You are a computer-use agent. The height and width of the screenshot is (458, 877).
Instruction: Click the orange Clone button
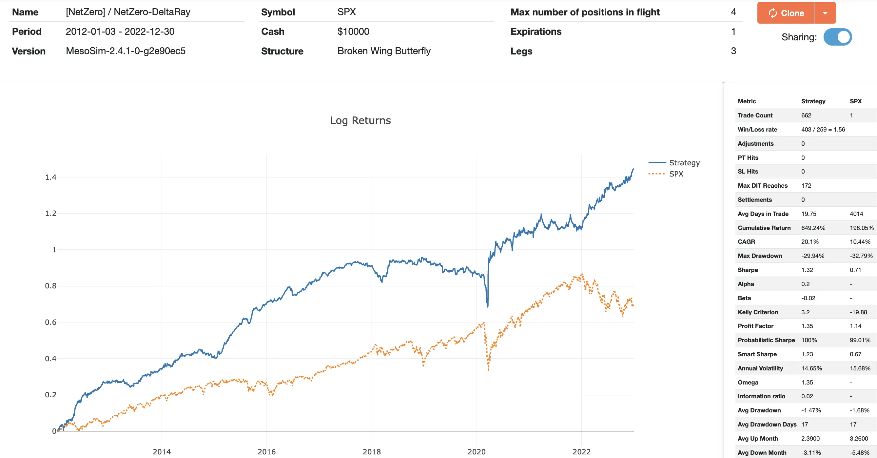[x=785, y=13]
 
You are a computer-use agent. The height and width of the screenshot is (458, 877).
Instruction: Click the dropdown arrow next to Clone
[x=825, y=13]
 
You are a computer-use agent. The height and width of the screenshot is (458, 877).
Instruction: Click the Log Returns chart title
[x=360, y=120]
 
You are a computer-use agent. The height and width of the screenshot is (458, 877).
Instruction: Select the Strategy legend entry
[x=684, y=162]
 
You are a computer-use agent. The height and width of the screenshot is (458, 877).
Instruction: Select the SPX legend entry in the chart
[x=676, y=174]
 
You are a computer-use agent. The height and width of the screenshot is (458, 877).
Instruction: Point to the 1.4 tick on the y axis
[x=51, y=177]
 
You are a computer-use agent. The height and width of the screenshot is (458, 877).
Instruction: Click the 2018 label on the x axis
[x=371, y=451]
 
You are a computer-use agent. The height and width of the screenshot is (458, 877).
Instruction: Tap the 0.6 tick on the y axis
[x=51, y=322]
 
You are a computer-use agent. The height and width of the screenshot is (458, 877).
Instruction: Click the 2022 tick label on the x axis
[x=581, y=451]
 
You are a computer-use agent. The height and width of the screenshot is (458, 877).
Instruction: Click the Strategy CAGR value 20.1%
[x=809, y=241]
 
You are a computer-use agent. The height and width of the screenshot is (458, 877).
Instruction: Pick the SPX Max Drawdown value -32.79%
[x=861, y=256]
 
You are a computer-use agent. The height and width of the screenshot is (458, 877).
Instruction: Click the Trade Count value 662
[x=806, y=115]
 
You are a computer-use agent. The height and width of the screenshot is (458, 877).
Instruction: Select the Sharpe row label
[x=748, y=270]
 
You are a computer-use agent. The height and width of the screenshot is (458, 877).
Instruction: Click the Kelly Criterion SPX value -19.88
[x=858, y=312]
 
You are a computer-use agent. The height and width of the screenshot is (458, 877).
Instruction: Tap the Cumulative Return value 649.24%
[x=813, y=228]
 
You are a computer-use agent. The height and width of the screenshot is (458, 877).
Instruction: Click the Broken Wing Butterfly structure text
[x=384, y=51]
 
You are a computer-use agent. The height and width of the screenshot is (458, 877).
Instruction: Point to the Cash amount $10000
[x=353, y=31]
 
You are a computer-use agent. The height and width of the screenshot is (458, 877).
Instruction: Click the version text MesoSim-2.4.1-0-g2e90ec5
[x=126, y=51]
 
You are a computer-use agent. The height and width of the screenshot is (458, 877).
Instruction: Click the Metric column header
[x=747, y=101]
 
